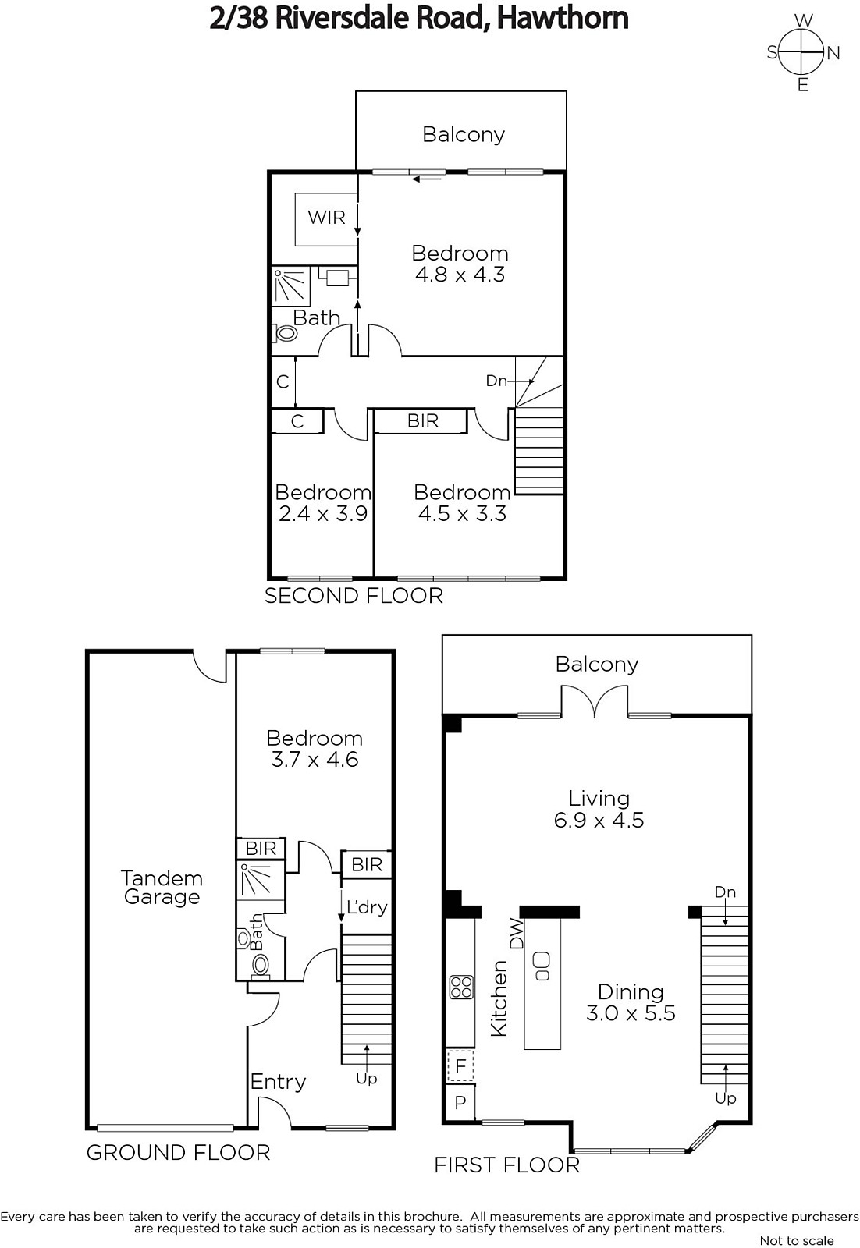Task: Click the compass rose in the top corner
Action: (x=802, y=52)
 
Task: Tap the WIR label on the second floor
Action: (x=327, y=217)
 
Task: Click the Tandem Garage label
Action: (x=162, y=888)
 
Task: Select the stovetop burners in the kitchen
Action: (x=461, y=987)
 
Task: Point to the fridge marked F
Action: (x=460, y=1065)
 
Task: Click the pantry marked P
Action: (x=460, y=1102)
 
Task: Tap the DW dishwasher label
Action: (x=517, y=933)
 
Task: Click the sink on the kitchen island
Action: (x=542, y=966)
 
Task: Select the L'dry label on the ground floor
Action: (x=367, y=908)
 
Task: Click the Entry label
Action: (x=278, y=1082)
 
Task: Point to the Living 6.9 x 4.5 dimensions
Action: (x=599, y=820)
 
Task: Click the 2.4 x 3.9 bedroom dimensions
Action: (x=323, y=513)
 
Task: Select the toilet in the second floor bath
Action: (x=285, y=333)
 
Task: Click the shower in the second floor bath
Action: (x=291, y=286)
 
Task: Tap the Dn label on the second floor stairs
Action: (x=496, y=381)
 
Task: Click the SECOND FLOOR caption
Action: (x=354, y=596)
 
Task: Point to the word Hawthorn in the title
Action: (x=563, y=18)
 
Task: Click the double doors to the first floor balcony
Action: (x=595, y=700)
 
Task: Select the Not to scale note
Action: (x=797, y=1240)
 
